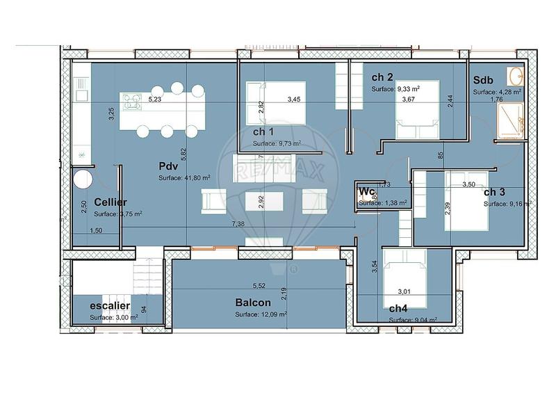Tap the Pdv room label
tap(167, 167)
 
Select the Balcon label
tap(253, 303)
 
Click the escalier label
tap(111, 305)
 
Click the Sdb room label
tap(484, 80)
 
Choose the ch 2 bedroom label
tap(383, 77)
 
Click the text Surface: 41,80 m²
tap(183, 178)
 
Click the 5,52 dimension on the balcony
tap(259, 286)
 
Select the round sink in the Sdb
tap(515, 77)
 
